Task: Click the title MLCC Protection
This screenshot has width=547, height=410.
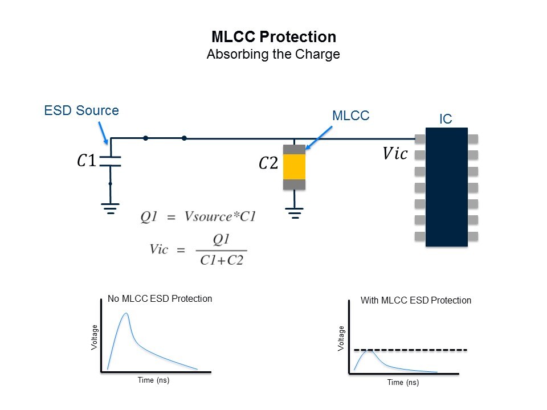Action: (x=273, y=38)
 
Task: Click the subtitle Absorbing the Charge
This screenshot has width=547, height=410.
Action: (x=273, y=55)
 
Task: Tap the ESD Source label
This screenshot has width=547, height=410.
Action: (x=81, y=110)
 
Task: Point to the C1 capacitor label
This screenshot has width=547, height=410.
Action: (x=87, y=161)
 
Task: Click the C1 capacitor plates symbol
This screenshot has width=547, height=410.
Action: (x=111, y=161)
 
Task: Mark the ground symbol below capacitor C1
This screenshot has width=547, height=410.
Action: (x=111, y=208)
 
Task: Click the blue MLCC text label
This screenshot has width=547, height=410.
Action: (x=350, y=116)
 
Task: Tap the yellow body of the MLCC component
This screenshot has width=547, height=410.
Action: (x=295, y=166)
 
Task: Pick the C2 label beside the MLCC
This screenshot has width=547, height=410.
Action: (x=269, y=164)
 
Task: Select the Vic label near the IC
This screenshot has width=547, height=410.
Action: (x=395, y=154)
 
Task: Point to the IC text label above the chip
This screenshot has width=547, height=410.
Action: (x=446, y=119)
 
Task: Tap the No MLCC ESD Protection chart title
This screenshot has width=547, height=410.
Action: (x=160, y=298)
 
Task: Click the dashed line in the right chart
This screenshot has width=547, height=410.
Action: (x=410, y=349)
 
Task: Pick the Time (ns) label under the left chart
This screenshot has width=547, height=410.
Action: (x=153, y=380)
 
